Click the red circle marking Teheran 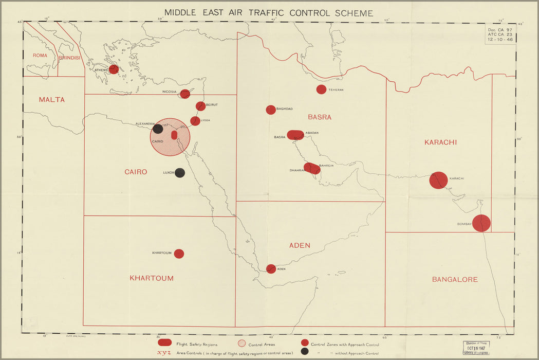[321, 89]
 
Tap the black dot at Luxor [180, 173]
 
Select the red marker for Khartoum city [179, 254]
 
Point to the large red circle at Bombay [481, 223]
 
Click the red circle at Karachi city [438, 181]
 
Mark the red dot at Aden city [271, 268]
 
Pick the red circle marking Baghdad [271, 110]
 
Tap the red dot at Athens [114, 69]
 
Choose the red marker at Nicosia [185, 94]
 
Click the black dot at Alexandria [158, 129]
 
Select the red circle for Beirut [201, 106]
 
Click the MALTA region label [52, 100]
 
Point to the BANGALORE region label [455, 280]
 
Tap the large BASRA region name [320, 117]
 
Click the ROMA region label [40, 56]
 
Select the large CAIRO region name [136, 172]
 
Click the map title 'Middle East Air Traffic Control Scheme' [269, 13]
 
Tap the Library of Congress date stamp [476, 348]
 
